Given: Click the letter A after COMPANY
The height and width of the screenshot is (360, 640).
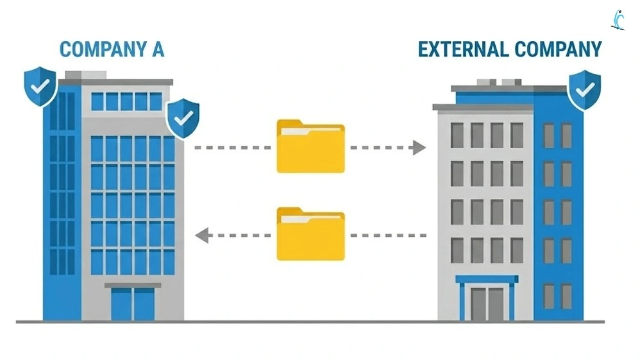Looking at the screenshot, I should point(157,49).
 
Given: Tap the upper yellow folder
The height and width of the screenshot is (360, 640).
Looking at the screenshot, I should point(310,147).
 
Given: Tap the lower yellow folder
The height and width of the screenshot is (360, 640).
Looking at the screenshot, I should point(310,234).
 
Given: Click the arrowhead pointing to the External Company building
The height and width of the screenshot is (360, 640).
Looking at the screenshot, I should point(419,148).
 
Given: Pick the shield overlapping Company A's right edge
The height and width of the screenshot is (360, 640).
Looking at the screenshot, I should point(183,117).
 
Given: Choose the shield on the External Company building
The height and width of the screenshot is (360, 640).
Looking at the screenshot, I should point(584,90).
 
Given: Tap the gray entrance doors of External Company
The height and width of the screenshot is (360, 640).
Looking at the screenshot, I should point(487,304).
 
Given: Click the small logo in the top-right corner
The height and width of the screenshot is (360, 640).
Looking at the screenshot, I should point(618,19).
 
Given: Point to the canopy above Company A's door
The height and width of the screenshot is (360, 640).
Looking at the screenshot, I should point(133,285).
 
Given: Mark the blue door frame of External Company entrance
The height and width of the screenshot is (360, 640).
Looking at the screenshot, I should point(487,280).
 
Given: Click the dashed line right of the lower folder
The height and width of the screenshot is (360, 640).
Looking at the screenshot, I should point(388,236).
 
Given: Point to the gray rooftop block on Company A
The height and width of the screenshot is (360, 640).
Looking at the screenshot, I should point(85,75).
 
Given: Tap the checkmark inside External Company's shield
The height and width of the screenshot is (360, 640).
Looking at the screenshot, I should point(584,89).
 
